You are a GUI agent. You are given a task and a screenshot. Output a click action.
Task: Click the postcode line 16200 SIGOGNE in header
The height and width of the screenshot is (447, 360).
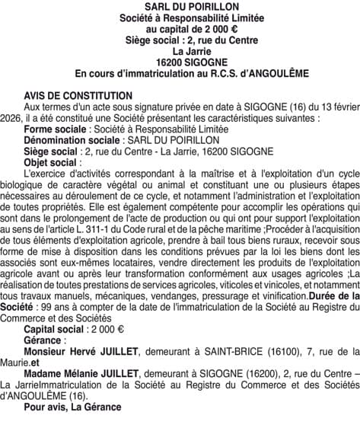tap(181, 62)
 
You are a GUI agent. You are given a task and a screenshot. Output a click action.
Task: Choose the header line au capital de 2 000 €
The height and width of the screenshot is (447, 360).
tap(181, 28)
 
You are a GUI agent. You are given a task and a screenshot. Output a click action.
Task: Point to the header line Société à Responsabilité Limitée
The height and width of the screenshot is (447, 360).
tap(181, 18)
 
